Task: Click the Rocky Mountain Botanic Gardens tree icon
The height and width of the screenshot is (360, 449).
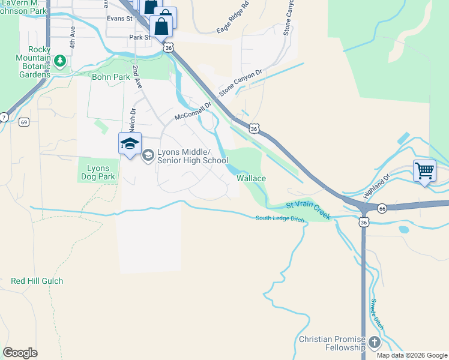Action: click(59, 61)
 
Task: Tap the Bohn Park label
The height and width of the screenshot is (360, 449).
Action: click(111, 77)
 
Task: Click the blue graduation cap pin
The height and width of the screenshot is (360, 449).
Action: click(130, 144)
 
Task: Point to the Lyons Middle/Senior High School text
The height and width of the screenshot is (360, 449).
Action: click(192, 157)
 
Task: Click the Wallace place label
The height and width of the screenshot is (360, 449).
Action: click(251, 178)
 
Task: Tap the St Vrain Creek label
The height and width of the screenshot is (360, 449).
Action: click(308, 210)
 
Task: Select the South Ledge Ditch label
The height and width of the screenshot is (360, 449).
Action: click(280, 219)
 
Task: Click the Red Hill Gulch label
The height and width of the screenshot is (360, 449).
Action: click(37, 281)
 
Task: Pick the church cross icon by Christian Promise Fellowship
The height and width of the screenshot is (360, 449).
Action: click(374, 343)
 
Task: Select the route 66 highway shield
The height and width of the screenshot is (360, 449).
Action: click(382, 208)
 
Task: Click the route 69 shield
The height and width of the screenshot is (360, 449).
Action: click(24, 122)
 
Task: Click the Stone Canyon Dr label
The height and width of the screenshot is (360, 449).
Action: click(241, 82)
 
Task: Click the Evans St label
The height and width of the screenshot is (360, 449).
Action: click(119, 19)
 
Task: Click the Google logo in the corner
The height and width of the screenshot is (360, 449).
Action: click(20, 353)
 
